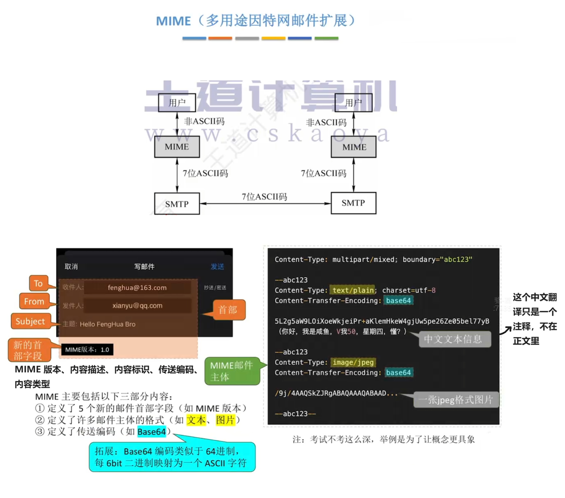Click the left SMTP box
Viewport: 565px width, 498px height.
point(177,204)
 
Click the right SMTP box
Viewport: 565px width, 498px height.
point(353,203)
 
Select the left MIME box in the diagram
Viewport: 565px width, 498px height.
point(177,147)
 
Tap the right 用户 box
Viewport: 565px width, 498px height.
point(353,103)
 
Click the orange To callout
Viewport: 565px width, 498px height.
point(38,283)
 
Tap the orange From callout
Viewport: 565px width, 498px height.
point(34,301)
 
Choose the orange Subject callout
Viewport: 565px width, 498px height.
point(30,321)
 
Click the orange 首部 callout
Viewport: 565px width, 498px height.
point(228,310)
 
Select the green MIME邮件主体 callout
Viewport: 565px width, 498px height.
point(231,371)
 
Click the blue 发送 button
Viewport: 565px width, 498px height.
point(217,266)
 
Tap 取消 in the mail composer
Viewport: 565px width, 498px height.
point(71,266)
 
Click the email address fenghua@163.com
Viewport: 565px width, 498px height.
point(137,288)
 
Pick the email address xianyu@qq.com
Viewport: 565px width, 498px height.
point(137,305)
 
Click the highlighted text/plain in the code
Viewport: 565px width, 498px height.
point(353,290)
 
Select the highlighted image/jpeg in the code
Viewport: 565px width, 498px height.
point(353,362)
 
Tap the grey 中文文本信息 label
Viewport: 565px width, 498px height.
point(453,339)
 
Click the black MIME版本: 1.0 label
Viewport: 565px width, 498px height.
point(87,350)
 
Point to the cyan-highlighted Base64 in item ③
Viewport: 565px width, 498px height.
point(151,432)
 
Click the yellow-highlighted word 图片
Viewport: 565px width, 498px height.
point(225,420)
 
